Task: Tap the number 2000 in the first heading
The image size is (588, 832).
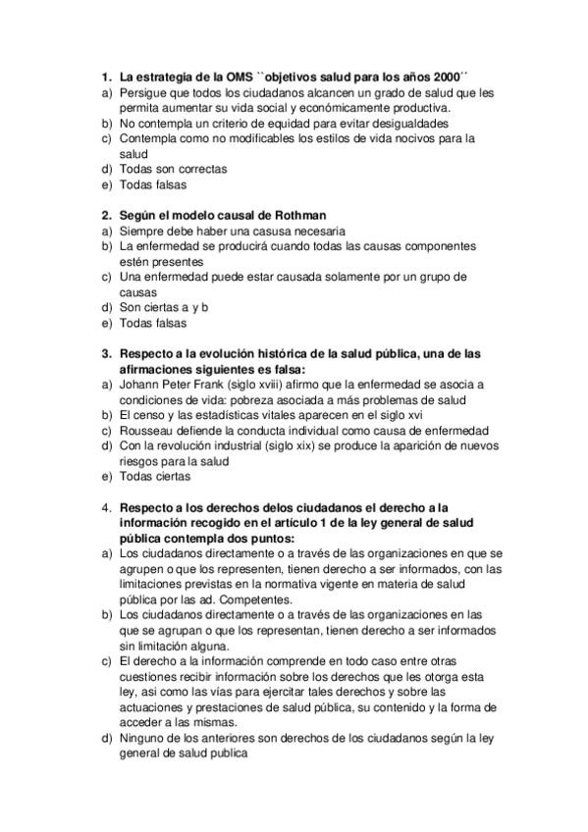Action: point(448,77)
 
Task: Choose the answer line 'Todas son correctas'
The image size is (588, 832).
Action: point(173,169)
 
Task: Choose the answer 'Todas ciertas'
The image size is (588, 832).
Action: point(152,476)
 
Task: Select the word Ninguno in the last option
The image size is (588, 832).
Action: point(142,738)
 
